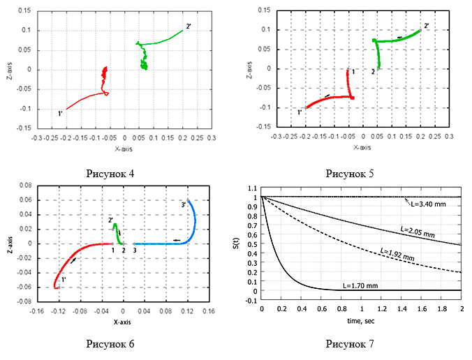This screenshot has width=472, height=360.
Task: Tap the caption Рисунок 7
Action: coord(353,344)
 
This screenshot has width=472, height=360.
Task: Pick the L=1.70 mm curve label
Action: coord(362,285)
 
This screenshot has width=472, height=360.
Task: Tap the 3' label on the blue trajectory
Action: coord(183,205)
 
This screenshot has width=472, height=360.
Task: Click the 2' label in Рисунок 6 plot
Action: coord(111,220)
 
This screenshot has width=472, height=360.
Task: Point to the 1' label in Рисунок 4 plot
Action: coord(60,112)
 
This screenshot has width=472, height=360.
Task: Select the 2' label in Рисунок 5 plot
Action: coord(427,26)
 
